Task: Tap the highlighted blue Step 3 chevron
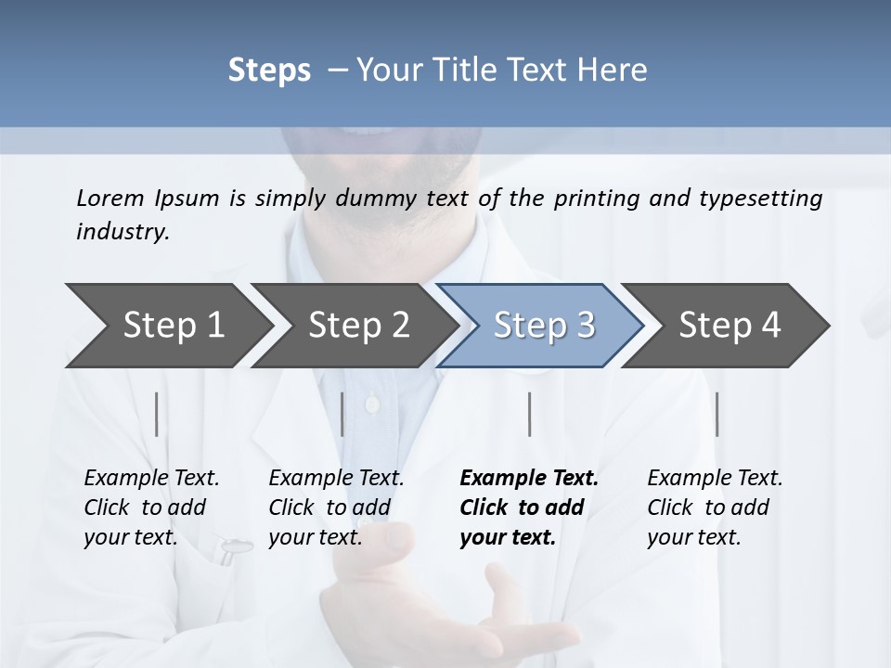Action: pyautogui.click(x=544, y=326)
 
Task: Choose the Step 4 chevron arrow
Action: pyautogui.click(x=730, y=326)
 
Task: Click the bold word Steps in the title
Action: pyautogui.click(x=269, y=71)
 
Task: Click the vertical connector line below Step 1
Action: pyautogui.click(x=156, y=414)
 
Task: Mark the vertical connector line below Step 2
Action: pyautogui.click(x=342, y=414)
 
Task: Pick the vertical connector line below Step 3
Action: pyautogui.click(x=529, y=414)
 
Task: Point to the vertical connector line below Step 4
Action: pyautogui.click(x=717, y=414)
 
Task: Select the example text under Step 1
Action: pyautogui.click(x=151, y=507)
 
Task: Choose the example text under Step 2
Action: pyautogui.click(x=336, y=507)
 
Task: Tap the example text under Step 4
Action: pyautogui.click(x=714, y=507)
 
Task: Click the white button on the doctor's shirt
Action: pyautogui.click(x=372, y=404)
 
